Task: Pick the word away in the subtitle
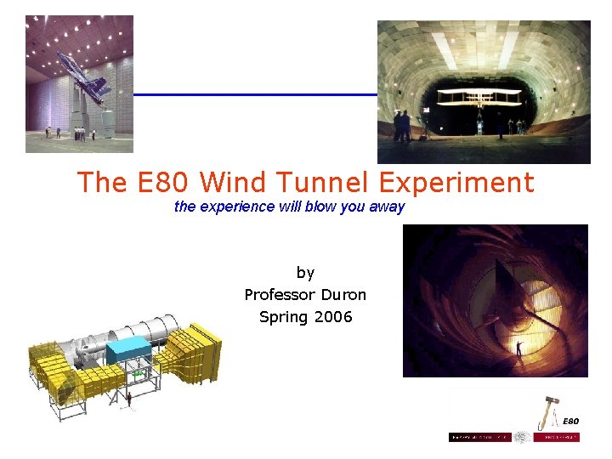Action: pos(387,207)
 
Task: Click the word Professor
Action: pos(280,295)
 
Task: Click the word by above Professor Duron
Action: pos(305,273)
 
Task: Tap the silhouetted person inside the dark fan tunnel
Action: pos(519,349)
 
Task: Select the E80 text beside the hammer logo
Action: pos(571,421)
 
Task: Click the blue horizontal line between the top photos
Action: pos(255,94)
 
